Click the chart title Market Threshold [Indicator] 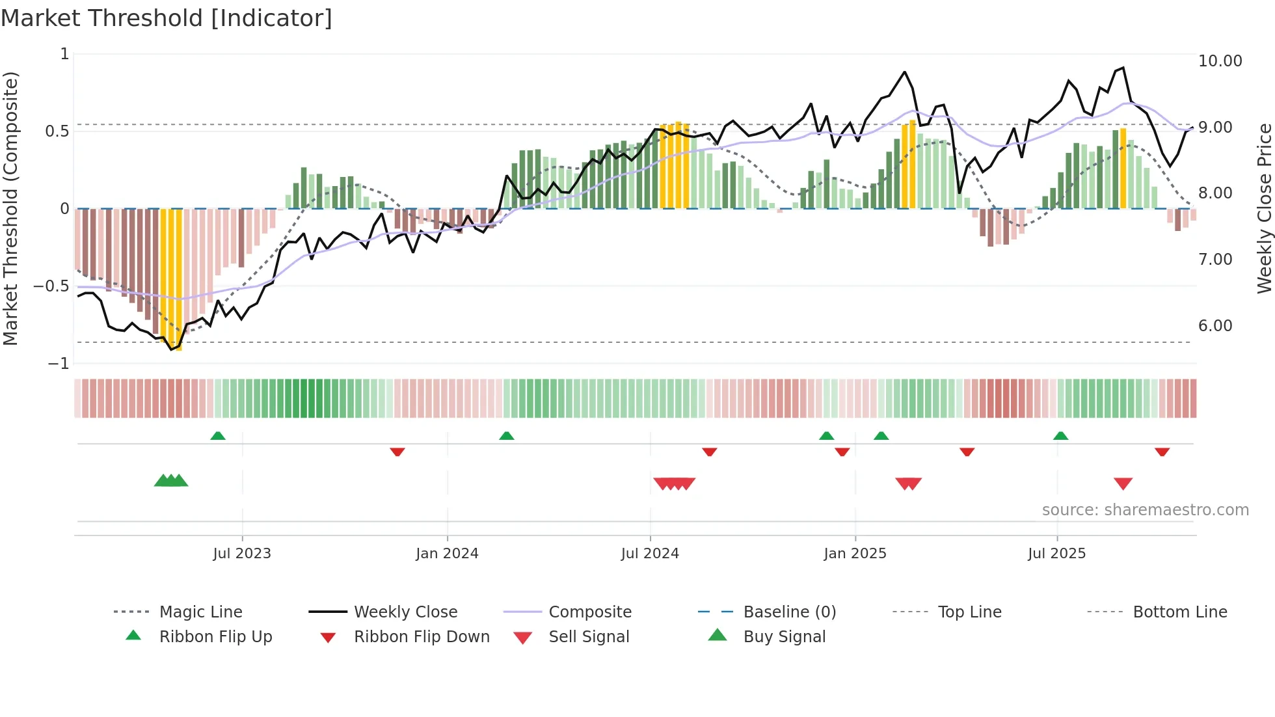167,18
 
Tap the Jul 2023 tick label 242,554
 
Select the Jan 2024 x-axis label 447,554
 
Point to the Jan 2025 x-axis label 855,554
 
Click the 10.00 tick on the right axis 1220,61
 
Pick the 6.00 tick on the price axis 1215,326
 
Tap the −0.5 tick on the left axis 51,286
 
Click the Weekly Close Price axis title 1264,208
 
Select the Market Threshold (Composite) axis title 10,208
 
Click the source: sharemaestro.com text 1145,510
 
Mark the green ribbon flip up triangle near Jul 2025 1060,436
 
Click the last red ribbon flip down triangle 1162,452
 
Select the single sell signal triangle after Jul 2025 1123,483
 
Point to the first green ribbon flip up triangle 218,436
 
